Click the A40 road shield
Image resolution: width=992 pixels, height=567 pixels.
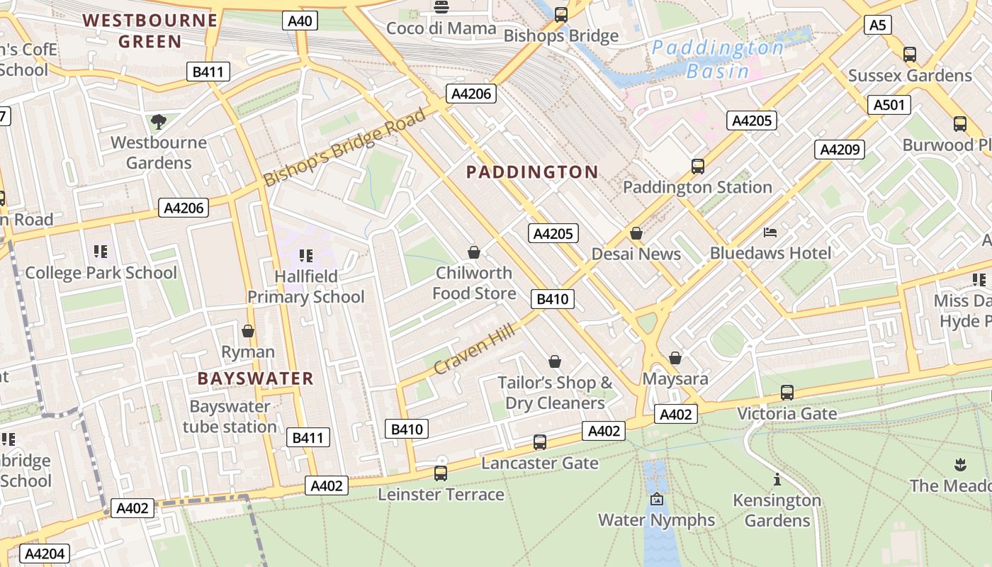tap(300, 21)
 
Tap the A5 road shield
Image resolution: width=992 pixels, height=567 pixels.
tap(877, 26)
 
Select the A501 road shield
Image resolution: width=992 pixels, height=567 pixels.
tap(889, 106)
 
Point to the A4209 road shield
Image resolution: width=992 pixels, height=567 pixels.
tap(840, 150)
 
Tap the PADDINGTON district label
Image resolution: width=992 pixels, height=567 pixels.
tap(532, 172)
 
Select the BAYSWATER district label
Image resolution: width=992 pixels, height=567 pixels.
tap(255, 378)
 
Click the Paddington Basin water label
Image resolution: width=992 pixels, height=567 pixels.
tap(717, 60)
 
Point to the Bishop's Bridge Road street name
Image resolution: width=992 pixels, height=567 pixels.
tap(345, 147)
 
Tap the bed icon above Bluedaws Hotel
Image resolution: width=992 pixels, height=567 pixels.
tap(770, 232)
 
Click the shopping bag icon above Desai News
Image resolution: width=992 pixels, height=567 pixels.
tap(636, 233)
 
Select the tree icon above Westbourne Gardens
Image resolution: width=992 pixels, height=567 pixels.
tap(159, 122)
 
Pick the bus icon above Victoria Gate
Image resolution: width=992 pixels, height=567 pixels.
tap(787, 393)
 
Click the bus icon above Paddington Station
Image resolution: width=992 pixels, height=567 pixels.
tap(698, 167)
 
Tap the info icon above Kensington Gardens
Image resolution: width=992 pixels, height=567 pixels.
tap(777, 479)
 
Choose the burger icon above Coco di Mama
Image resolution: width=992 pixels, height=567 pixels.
tap(441, 8)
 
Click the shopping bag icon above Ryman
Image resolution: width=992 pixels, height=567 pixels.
tap(248, 331)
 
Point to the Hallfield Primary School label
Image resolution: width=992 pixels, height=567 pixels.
tap(305, 286)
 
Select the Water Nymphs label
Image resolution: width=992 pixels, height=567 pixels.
tap(657, 520)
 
